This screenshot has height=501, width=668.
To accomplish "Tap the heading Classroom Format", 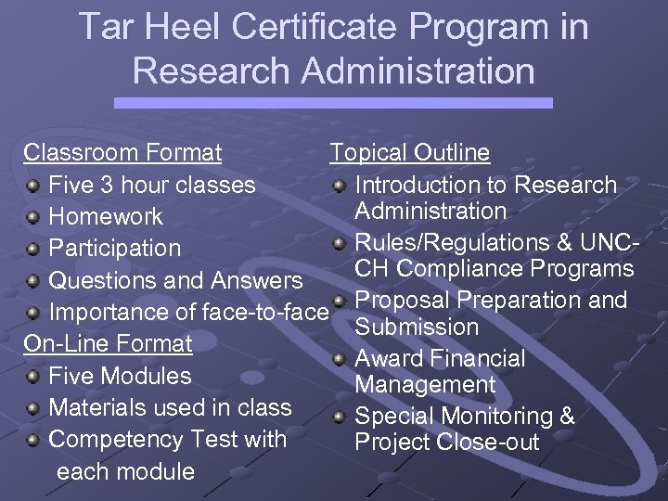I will [x=122, y=152].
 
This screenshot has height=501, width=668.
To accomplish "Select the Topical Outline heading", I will [x=410, y=152].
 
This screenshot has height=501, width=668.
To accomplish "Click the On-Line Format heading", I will [x=108, y=343].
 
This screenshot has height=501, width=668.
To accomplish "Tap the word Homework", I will [x=105, y=217].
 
